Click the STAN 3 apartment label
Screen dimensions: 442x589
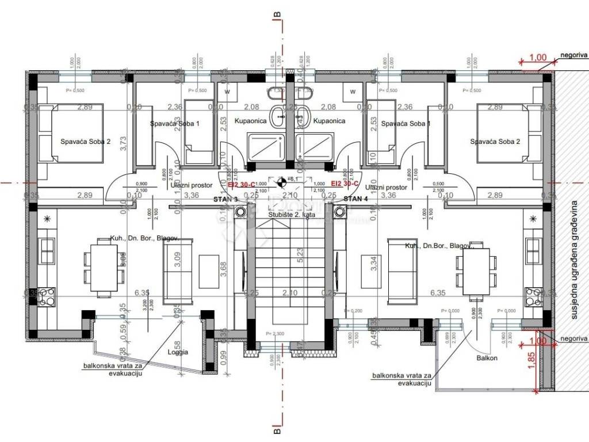[226, 199]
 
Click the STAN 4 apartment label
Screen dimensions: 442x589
[355, 199]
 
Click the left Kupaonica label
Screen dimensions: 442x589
[250, 121]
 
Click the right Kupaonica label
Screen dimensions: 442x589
[328, 121]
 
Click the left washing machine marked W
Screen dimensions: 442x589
[227, 91]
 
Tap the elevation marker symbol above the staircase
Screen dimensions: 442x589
[281, 183]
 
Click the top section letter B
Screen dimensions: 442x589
[277, 12]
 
